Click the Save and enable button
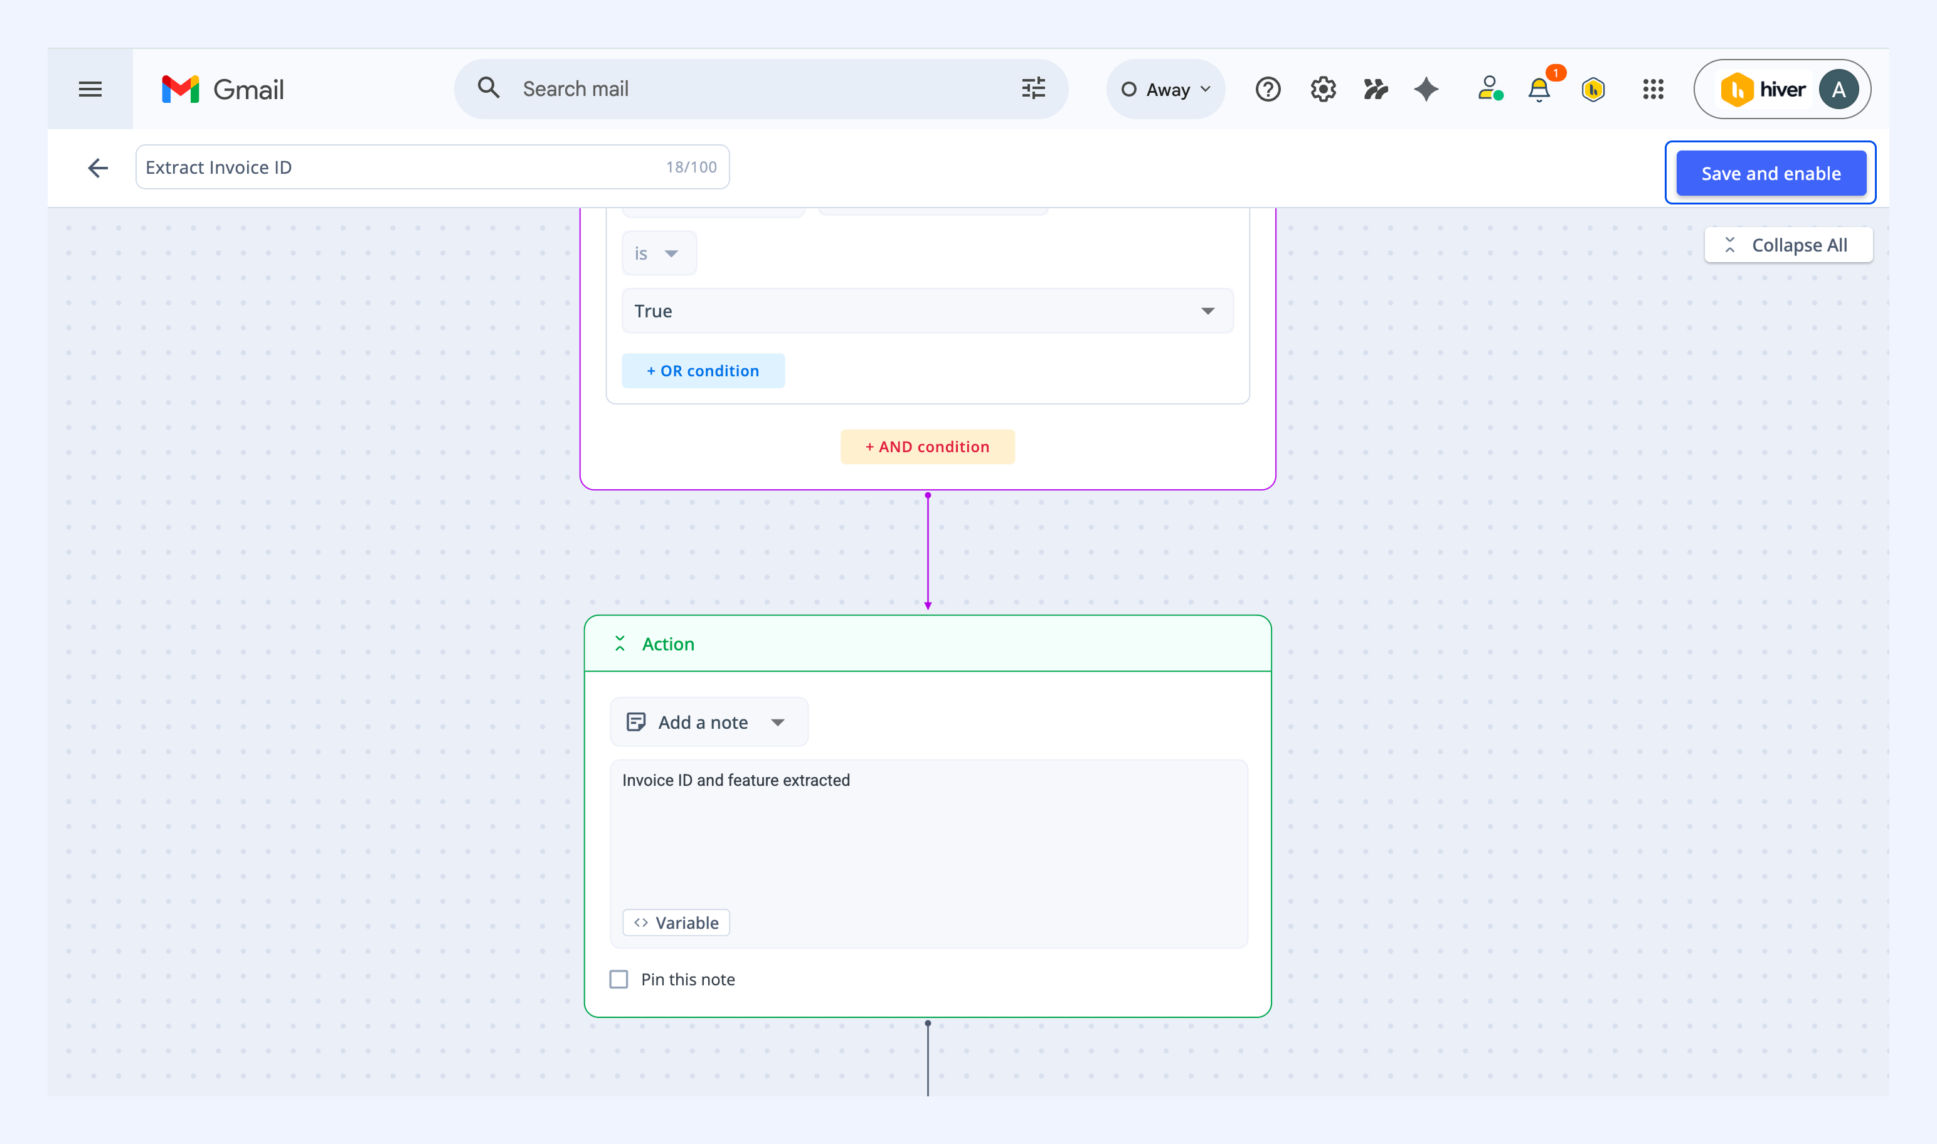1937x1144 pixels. pyautogui.click(x=1771, y=174)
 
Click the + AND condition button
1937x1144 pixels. pyautogui.click(x=927, y=447)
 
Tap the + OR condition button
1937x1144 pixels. pyautogui.click(x=703, y=371)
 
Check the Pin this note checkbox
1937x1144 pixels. pyautogui.click(x=619, y=979)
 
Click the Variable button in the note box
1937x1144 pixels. pyautogui.click(x=676, y=923)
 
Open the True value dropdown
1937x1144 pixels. pyautogui.click(x=927, y=310)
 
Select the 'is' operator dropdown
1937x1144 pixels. pyautogui.click(x=659, y=253)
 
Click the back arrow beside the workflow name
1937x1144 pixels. pyautogui.click(x=98, y=167)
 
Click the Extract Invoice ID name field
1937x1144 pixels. pyautogui.click(x=432, y=167)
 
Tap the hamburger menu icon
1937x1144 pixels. pyautogui.click(x=90, y=90)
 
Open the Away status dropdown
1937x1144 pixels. pyautogui.click(x=1165, y=90)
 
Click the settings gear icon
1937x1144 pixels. pyautogui.click(x=1323, y=90)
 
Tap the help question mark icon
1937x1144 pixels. pyautogui.click(x=1268, y=90)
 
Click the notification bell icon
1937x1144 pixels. pyautogui.click(x=1539, y=90)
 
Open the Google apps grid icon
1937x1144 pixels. pyautogui.click(x=1653, y=90)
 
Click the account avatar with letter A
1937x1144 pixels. pyautogui.click(x=1839, y=90)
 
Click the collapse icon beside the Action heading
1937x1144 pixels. pyautogui.click(x=620, y=643)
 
